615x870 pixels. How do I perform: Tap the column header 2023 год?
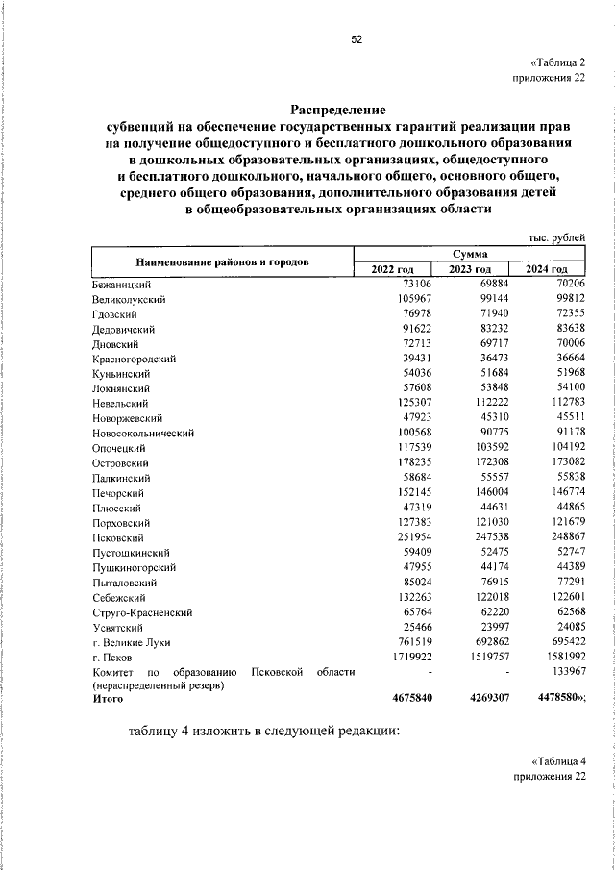(x=469, y=268)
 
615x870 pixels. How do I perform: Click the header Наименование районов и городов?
(x=222, y=261)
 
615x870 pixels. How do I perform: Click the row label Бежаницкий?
(x=120, y=284)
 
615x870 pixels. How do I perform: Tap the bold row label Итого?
(x=108, y=702)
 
